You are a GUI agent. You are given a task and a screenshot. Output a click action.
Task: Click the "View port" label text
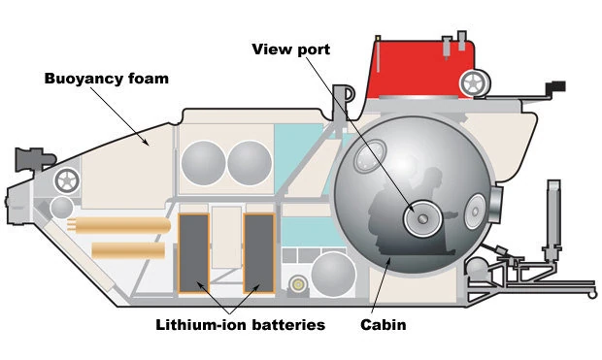(x=291, y=49)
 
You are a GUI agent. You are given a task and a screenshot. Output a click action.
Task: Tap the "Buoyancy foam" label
(x=107, y=79)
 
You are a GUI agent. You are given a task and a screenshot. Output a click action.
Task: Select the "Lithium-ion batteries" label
(x=241, y=325)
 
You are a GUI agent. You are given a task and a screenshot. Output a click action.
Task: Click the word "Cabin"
(x=384, y=325)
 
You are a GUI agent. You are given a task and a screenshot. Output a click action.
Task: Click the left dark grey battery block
(x=194, y=253)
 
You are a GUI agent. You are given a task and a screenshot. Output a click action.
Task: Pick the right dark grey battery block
(x=259, y=253)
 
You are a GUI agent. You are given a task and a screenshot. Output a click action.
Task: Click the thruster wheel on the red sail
(x=474, y=83)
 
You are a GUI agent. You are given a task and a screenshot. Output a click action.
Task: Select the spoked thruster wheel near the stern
(x=67, y=180)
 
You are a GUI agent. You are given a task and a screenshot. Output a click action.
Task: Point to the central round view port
(x=422, y=218)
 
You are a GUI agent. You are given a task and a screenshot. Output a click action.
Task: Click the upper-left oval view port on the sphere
(x=369, y=156)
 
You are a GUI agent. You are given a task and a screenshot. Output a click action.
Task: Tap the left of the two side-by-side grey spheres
(x=204, y=163)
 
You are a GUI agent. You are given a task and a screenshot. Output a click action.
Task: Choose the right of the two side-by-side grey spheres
(x=250, y=163)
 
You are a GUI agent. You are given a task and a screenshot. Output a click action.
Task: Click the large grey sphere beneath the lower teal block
(x=333, y=275)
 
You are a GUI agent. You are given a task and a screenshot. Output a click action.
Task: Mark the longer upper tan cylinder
(x=119, y=225)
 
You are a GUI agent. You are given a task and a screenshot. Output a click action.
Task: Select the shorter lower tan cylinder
(x=128, y=250)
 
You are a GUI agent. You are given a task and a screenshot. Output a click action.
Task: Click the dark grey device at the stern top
(x=35, y=158)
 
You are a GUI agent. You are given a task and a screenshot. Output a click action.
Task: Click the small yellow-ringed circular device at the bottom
(x=298, y=284)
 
